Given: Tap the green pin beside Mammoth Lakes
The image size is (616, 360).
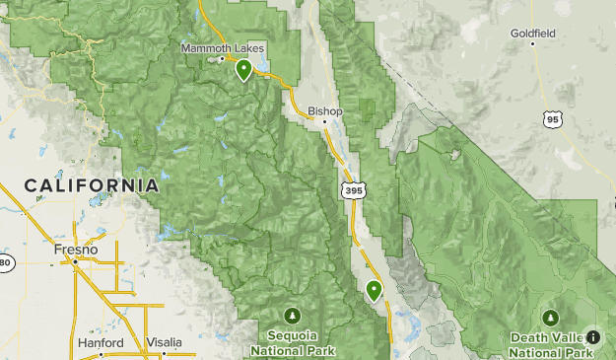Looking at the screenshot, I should click(242, 69).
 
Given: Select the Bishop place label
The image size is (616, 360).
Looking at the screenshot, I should click(324, 111).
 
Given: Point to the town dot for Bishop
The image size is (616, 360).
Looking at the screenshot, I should click(324, 122).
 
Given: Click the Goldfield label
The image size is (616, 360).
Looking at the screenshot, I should click(532, 33).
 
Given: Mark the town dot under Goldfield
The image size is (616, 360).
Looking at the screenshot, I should click(532, 43).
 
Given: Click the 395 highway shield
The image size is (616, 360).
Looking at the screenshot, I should click(350, 187).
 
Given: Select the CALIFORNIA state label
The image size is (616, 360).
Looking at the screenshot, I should click(92, 185).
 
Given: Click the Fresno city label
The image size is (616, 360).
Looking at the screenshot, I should click(76, 251).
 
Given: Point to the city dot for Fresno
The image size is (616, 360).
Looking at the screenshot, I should click(76, 262).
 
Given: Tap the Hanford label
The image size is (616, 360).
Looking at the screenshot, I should click(101, 343).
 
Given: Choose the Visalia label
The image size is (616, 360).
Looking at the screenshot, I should click(163, 343).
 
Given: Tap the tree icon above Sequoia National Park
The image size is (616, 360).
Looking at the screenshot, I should click(293, 316).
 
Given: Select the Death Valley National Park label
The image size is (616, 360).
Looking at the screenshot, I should click(551, 344).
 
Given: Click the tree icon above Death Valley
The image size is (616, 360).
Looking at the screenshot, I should click(551, 317).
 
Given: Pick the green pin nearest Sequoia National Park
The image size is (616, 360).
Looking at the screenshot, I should click(374, 290).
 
